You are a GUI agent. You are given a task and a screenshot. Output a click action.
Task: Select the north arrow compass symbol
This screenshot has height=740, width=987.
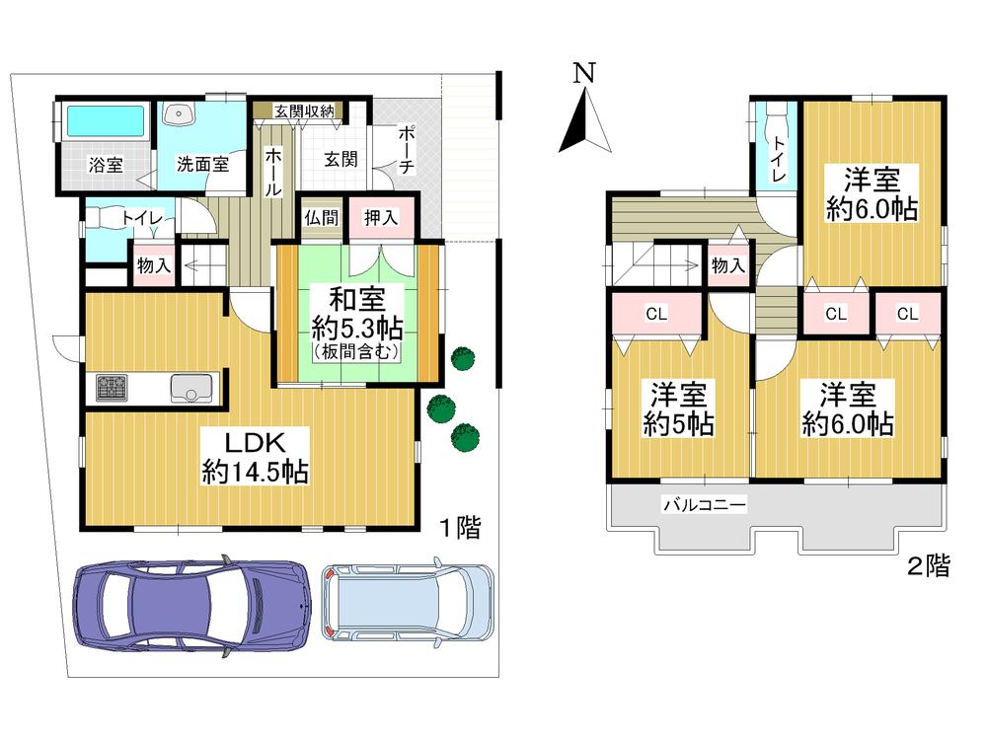[x=585, y=120]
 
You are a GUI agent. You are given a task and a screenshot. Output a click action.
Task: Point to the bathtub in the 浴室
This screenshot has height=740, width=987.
[x=104, y=122]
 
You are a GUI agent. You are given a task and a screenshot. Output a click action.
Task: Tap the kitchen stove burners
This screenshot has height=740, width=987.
[x=111, y=388]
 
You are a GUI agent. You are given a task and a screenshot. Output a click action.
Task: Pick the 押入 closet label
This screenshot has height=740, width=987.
[x=381, y=218]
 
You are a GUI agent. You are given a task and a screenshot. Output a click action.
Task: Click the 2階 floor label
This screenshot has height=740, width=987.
[x=929, y=567]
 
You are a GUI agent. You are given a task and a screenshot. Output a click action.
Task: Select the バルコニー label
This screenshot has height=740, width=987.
[x=704, y=505]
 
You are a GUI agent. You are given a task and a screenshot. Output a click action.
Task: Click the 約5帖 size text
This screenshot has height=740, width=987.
[x=681, y=426]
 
